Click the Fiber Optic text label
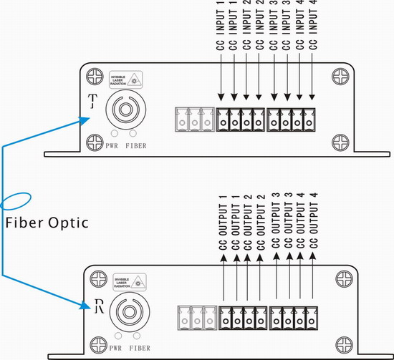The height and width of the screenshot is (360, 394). pos(47,223)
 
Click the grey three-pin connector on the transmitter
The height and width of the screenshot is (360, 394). pos(193,119)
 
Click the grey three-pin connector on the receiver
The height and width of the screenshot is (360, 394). pos(196,318)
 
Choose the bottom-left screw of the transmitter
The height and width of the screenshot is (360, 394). pos(91,141)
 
